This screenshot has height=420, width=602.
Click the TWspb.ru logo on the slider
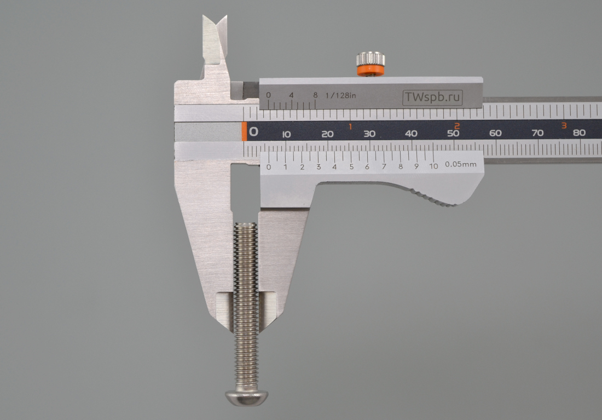click(x=432, y=97)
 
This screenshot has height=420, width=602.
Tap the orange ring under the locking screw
click(x=371, y=70)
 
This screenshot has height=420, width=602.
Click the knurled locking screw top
click(x=371, y=59)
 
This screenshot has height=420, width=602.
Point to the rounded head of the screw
click(x=246, y=398)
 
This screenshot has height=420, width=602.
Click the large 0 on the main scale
click(x=253, y=132)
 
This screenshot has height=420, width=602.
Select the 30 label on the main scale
click(x=369, y=134)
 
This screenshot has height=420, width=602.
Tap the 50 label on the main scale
click(x=453, y=134)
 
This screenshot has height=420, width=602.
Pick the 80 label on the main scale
click(x=579, y=133)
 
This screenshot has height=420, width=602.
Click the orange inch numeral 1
click(x=350, y=126)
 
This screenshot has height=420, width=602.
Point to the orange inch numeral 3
click(x=564, y=125)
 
